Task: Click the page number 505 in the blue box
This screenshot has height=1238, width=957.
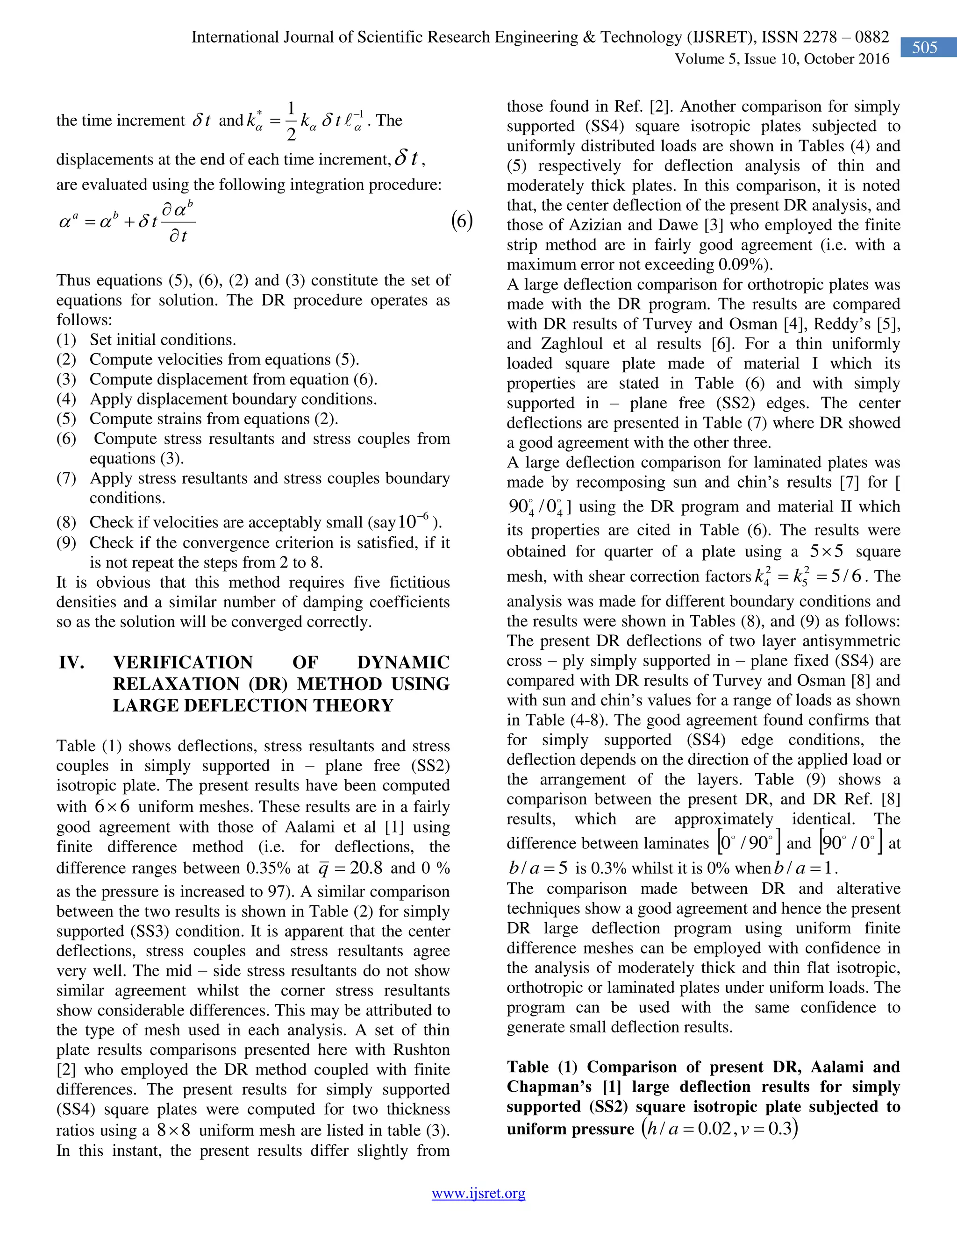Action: [924, 48]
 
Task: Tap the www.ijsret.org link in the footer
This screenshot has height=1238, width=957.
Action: [478, 1193]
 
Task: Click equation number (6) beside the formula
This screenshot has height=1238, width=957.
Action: [462, 221]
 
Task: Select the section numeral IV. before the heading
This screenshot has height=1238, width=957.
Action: [71, 662]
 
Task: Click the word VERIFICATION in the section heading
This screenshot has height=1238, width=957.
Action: [183, 662]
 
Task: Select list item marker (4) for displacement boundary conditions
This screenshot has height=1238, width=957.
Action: [66, 399]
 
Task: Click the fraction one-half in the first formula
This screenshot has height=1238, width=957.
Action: [291, 120]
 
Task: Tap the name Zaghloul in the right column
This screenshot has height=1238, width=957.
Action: [567, 344]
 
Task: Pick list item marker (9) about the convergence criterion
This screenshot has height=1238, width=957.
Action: [66, 543]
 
